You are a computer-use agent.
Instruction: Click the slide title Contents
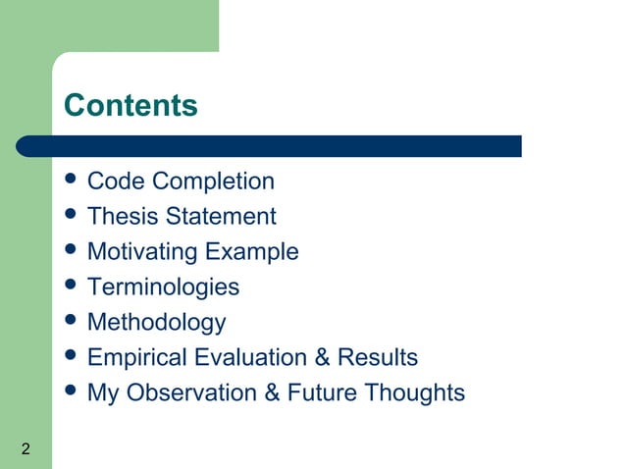(x=130, y=105)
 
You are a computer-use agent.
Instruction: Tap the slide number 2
(x=25, y=450)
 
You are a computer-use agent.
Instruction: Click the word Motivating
(x=142, y=252)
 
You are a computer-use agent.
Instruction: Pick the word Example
(x=251, y=252)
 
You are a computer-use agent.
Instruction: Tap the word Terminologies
(x=163, y=287)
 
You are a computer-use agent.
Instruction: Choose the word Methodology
(x=156, y=323)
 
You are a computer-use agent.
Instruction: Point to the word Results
(x=378, y=358)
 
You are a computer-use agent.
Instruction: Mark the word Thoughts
(x=414, y=393)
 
